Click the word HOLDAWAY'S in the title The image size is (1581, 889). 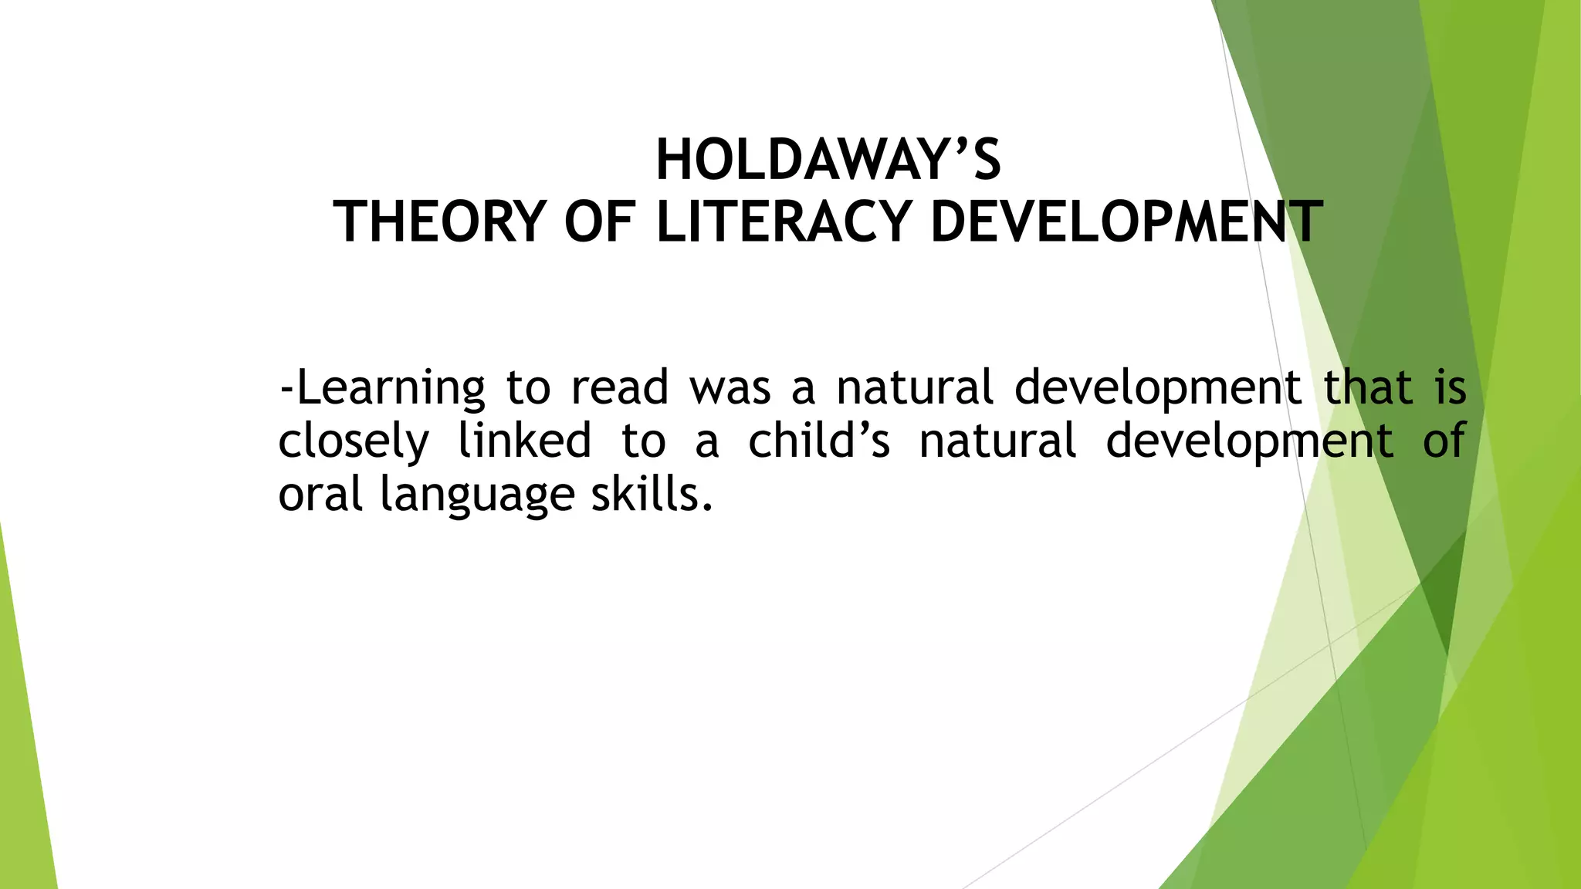click(828, 161)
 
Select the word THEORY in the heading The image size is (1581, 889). click(438, 222)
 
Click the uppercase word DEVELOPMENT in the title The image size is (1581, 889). click(1126, 222)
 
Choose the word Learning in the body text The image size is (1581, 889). click(391, 387)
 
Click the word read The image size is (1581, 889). click(619, 387)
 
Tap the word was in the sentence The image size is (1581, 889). click(730, 387)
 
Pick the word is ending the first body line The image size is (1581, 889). click(1451, 387)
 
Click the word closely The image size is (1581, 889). click(353, 441)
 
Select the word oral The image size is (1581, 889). click(320, 494)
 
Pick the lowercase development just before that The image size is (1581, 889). click(1157, 389)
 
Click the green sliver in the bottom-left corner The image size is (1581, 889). click(23, 772)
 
